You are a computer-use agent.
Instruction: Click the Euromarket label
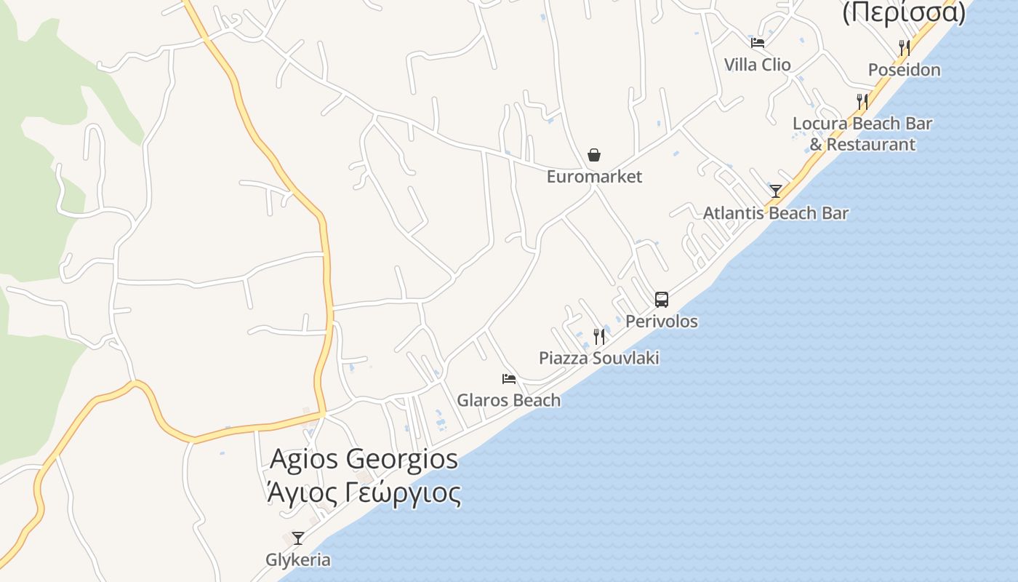(x=594, y=177)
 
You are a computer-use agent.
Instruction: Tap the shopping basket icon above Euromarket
(x=594, y=155)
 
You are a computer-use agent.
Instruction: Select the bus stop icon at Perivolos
(x=661, y=299)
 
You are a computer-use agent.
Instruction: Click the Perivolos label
(x=662, y=322)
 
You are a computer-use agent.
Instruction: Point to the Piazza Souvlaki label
(x=598, y=358)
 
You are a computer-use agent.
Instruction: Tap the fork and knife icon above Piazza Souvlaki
(x=599, y=336)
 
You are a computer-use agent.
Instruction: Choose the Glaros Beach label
(x=508, y=400)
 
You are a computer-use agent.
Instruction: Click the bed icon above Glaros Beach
(x=509, y=379)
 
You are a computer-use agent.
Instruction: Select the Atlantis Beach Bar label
(x=775, y=213)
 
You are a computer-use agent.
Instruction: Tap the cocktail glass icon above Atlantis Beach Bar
(x=776, y=191)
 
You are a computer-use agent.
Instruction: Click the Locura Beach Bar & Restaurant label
(x=862, y=134)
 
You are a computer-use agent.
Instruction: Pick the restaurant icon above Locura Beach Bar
(x=862, y=101)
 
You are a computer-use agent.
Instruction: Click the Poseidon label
(x=904, y=70)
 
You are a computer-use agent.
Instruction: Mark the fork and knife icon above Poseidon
(x=905, y=48)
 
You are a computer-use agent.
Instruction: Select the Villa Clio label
(x=757, y=65)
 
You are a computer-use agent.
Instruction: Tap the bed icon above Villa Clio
(x=758, y=42)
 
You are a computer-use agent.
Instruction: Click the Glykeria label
(x=298, y=560)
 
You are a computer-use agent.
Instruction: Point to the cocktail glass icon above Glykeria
(x=298, y=538)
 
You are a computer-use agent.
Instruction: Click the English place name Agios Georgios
(x=364, y=459)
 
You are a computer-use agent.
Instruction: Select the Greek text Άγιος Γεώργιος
(x=364, y=493)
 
